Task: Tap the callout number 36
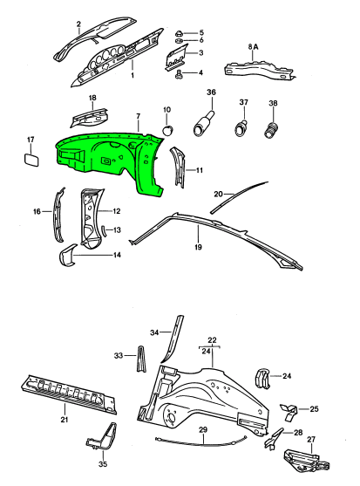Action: coord(211,92)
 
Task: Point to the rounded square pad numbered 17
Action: coord(32,160)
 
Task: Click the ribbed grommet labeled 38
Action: coord(272,129)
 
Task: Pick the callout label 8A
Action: coord(253,47)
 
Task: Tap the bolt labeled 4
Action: coord(179,74)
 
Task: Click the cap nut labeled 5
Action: coord(180,33)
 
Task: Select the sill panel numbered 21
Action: coord(69,394)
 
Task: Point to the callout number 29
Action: coord(203,430)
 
